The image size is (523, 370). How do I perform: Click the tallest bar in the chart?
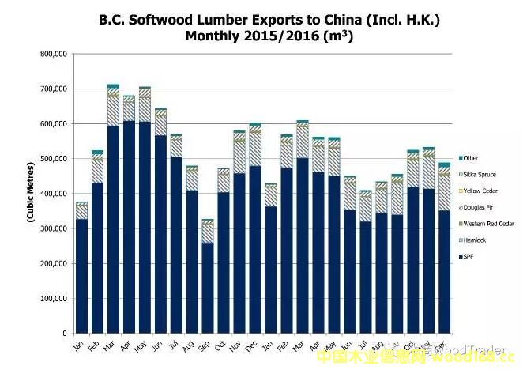113,210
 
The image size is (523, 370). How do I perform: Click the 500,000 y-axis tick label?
54,159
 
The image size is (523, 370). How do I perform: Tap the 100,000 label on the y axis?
54,299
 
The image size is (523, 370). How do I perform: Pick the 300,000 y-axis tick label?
54,229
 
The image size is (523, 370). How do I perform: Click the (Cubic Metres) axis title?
30,194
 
